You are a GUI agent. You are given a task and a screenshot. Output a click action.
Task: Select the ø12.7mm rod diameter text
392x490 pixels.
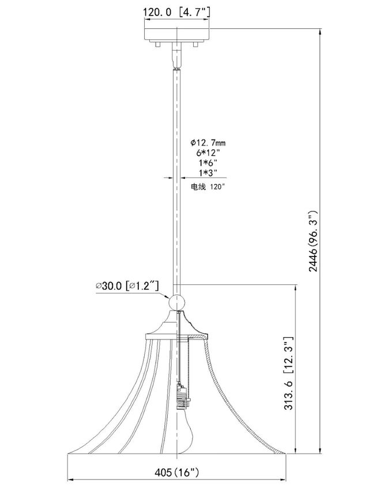[x=208, y=142]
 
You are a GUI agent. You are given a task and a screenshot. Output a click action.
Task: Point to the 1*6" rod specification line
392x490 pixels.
[x=208, y=163]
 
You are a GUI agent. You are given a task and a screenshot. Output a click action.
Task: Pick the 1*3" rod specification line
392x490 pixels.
[x=208, y=172]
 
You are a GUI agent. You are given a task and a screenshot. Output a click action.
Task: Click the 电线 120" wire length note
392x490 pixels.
[x=208, y=187]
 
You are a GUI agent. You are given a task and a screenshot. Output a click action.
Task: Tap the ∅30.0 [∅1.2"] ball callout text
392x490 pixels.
[x=127, y=286]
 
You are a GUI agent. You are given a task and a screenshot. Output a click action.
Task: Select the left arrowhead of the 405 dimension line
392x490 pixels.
[x=70, y=478]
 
